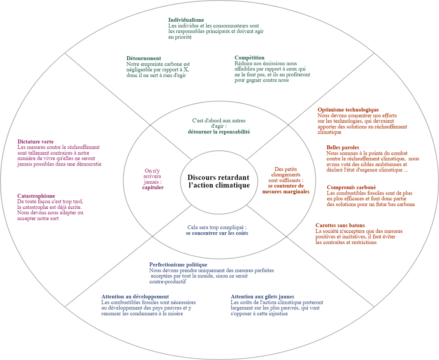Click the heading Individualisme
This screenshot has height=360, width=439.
(186, 20)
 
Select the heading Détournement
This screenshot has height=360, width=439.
(144, 58)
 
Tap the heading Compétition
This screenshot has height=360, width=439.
(249, 58)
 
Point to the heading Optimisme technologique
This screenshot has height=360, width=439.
(348, 110)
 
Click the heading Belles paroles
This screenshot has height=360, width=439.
(343, 147)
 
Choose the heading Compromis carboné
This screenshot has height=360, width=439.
(351, 187)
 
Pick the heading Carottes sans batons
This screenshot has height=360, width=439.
(340, 225)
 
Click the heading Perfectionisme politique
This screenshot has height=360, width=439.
(178, 265)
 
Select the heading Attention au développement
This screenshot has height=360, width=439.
(135, 297)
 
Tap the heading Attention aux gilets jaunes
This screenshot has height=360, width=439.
(263, 297)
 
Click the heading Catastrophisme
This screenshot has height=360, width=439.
(36, 196)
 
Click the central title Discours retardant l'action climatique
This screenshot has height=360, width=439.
(219, 181)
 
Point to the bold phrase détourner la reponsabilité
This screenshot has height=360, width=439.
(219, 132)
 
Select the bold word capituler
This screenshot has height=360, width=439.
(153, 187)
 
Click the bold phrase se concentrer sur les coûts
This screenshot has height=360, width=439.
(217, 233)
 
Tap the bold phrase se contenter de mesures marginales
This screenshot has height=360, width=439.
(286, 189)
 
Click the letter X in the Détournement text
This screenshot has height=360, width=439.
(186, 70)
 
